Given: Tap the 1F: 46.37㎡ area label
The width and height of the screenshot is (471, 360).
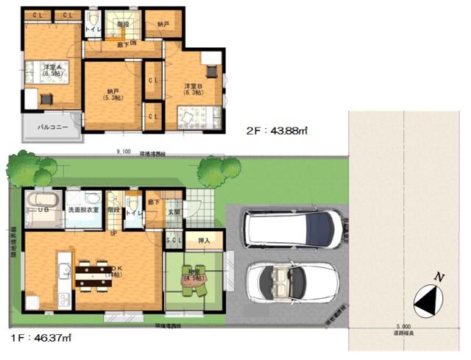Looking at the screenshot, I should (x=42, y=339).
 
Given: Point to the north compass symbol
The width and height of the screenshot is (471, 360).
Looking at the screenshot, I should (x=431, y=298).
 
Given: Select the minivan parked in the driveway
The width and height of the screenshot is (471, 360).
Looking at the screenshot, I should (x=292, y=228).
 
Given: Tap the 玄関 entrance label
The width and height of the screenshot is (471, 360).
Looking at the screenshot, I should (x=173, y=213).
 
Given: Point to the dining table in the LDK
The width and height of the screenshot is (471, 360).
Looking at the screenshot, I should (x=93, y=275).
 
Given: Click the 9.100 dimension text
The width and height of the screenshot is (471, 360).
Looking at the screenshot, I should (x=124, y=152).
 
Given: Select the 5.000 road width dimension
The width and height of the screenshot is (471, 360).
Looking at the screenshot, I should (x=402, y=326).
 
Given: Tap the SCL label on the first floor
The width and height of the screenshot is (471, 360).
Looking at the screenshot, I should (x=174, y=241).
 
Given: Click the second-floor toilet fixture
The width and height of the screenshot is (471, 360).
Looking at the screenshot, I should (x=93, y=20).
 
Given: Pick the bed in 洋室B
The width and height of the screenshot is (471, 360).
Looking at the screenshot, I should (x=199, y=116).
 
